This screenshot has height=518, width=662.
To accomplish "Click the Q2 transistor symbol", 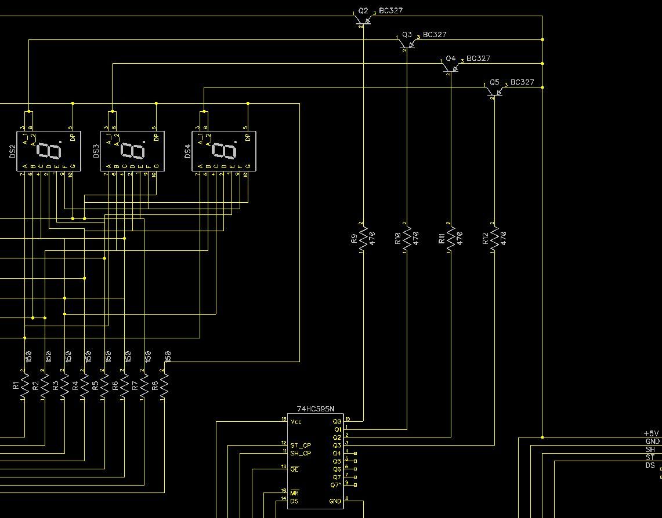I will (363, 21).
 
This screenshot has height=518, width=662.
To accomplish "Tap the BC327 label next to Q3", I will (435, 35).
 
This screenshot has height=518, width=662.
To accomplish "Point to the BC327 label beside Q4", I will (478, 59).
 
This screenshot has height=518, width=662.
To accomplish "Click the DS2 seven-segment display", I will (49, 151).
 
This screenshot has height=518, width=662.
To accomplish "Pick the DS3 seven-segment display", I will (132, 151).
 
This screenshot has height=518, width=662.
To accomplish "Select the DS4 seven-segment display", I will (224, 151).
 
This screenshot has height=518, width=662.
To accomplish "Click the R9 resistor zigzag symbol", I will (363, 238).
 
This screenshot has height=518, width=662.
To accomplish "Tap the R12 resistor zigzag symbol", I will (494, 238).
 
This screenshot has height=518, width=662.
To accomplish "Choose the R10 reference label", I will (397, 238).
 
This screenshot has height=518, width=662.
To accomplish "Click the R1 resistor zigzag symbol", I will (25, 384).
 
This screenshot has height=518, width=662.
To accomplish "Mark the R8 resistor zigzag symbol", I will (164, 384).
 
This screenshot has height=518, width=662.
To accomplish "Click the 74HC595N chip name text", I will (316, 409).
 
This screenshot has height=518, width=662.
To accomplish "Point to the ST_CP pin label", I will (301, 446).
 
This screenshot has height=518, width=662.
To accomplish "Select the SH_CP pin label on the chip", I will (301, 453).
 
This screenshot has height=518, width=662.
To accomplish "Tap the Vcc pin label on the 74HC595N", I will (296, 421).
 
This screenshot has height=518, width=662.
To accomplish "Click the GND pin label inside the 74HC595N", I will (335, 501).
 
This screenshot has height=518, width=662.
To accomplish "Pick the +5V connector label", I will (652, 433).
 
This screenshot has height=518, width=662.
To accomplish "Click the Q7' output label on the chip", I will (336, 485).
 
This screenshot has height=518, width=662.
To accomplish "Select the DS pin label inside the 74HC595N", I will (294, 501).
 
